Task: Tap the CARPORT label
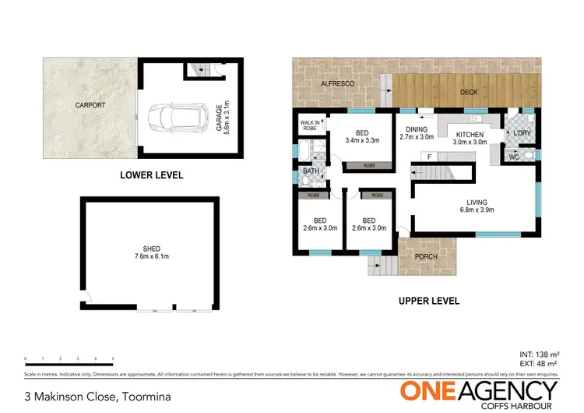(x=90, y=104)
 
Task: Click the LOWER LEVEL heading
(x=152, y=175)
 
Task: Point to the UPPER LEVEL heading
(x=428, y=300)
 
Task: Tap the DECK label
(x=469, y=92)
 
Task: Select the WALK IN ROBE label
(x=309, y=125)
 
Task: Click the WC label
(x=514, y=158)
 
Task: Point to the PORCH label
(x=426, y=256)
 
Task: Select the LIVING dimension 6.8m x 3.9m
(x=477, y=210)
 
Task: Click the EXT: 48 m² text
(x=540, y=364)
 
